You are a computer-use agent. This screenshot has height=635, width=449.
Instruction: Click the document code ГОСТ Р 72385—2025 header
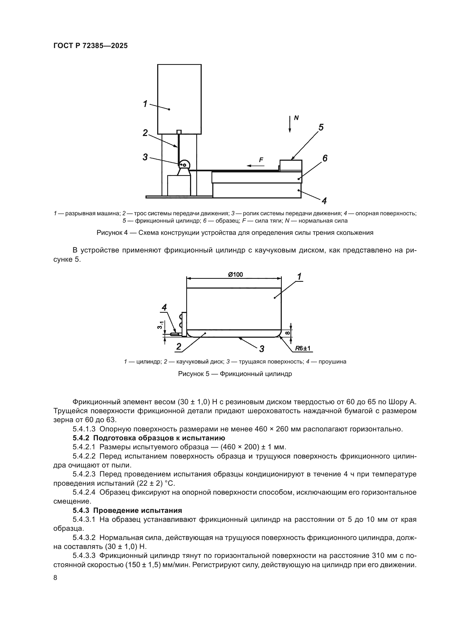tap(90, 46)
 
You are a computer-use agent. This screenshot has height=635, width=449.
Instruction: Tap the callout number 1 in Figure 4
tap(145, 104)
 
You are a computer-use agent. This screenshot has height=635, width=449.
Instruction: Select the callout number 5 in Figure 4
tap(321, 128)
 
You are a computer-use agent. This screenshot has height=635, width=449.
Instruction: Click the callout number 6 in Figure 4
tap(325, 159)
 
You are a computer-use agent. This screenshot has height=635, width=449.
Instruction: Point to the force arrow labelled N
tap(289, 124)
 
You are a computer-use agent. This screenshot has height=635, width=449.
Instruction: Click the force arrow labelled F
tap(256, 165)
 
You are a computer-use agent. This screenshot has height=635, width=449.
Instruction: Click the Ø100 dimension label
tap(235, 275)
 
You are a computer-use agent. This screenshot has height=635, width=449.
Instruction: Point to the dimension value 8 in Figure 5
tap(287, 333)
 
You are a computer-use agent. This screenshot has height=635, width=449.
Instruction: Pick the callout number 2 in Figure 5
tap(179, 346)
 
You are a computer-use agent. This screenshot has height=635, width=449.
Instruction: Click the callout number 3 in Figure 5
tap(261, 349)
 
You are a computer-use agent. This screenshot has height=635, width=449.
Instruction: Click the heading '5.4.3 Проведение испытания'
tap(127, 510)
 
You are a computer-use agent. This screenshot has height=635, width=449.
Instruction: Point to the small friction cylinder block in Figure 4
tap(290, 166)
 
